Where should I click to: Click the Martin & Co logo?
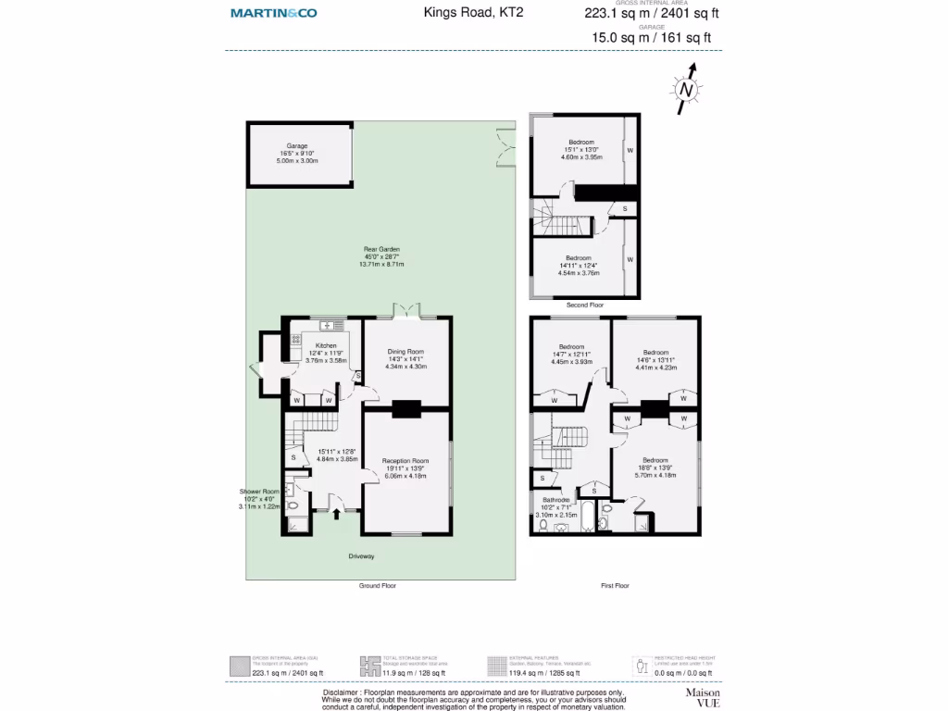tap(273, 13)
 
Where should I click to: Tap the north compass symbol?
tap(685, 90)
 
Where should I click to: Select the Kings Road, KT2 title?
tap(470, 13)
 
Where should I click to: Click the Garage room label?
tap(296, 146)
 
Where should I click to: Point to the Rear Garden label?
tap(381, 249)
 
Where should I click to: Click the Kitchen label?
tap(326, 345)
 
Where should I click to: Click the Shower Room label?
tap(259, 492)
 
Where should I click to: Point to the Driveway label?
tap(361, 556)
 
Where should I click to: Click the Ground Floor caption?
tap(378, 586)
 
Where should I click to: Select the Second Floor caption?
tap(584, 305)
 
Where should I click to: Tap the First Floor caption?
tap(614, 586)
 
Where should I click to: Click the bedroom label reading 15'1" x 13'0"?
tap(580, 142)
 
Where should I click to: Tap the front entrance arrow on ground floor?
tap(335, 515)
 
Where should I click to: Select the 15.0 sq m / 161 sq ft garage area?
tap(652, 38)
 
